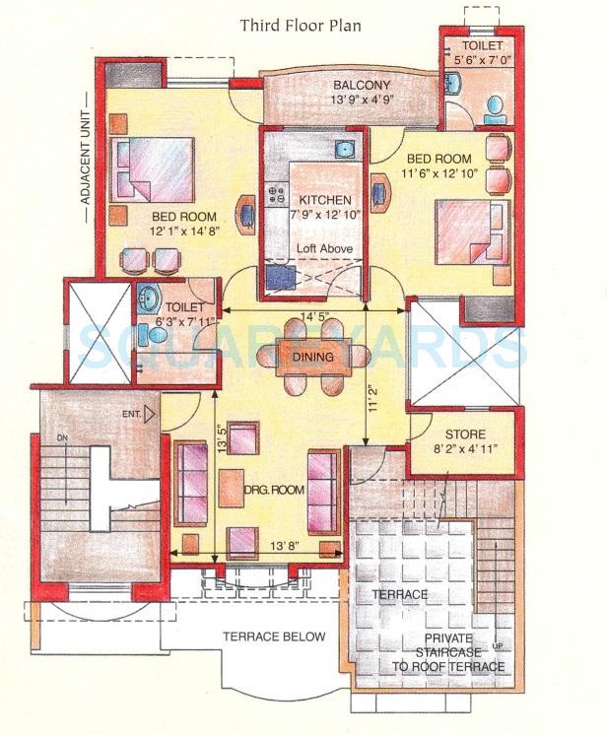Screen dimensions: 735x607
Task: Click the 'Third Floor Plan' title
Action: tap(301, 25)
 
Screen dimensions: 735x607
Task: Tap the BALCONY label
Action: tap(361, 86)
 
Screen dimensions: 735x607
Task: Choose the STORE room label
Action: tap(463, 434)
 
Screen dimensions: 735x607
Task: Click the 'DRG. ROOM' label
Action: tap(275, 490)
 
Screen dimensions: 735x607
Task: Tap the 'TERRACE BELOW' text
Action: tap(273, 636)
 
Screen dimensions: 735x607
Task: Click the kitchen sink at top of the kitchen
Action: tap(344, 150)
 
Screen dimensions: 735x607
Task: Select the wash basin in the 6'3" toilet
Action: tap(151, 297)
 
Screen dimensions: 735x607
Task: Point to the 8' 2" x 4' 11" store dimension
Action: tap(463, 450)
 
